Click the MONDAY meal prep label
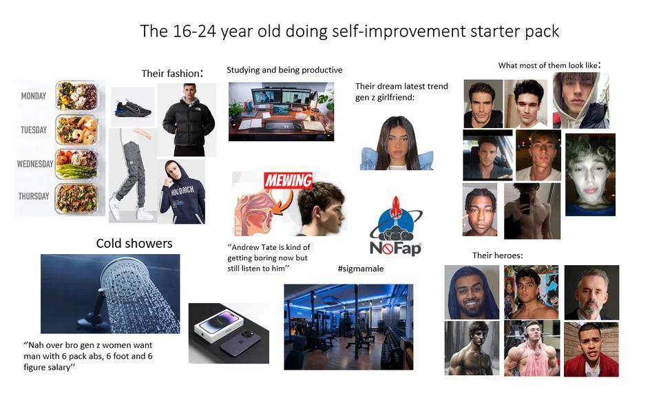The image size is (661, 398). pyautogui.click(x=34, y=96)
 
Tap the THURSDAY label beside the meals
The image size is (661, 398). pyautogui.click(x=34, y=196)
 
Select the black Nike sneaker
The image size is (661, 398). pyautogui.click(x=133, y=107)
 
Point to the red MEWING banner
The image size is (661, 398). pyautogui.click(x=288, y=181)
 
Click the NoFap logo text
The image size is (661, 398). pyautogui.click(x=395, y=247)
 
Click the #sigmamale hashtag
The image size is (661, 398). pyautogui.click(x=361, y=269)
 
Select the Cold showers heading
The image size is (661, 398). pyautogui.click(x=134, y=243)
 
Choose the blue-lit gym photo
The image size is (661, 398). pyautogui.click(x=348, y=326)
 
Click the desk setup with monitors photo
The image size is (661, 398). pyautogui.click(x=281, y=111)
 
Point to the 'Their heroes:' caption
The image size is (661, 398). pyautogui.click(x=497, y=255)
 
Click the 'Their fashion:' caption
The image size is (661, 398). pyautogui.click(x=172, y=73)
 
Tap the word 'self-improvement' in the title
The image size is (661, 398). pyautogui.click(x=399, y=31)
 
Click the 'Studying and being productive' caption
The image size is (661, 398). pyautogui.click(x=284, y=70)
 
